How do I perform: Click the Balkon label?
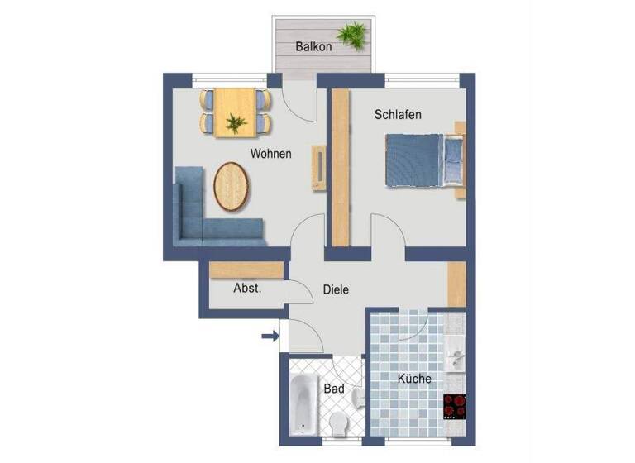[x=313, y=47]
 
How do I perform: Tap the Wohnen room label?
[x=270, y=154]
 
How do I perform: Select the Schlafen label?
[x=397, y=115]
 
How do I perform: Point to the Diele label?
[x=336, y=289]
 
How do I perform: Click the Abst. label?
[x=247, y=289]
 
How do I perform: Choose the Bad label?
[x=334, y=388]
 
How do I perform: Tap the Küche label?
[x=414, y=379]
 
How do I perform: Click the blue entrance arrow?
[x=270, y=336]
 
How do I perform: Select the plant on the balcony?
[x=356, y=35]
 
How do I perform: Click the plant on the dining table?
[x=236, y=122]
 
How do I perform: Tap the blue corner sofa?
[x=198, y=219]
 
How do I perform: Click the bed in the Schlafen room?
[x=423, y=160]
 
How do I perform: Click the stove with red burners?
[x=455, y=404]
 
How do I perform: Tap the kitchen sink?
[x=456, y=357]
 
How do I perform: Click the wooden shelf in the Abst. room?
[x=247, y=270]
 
